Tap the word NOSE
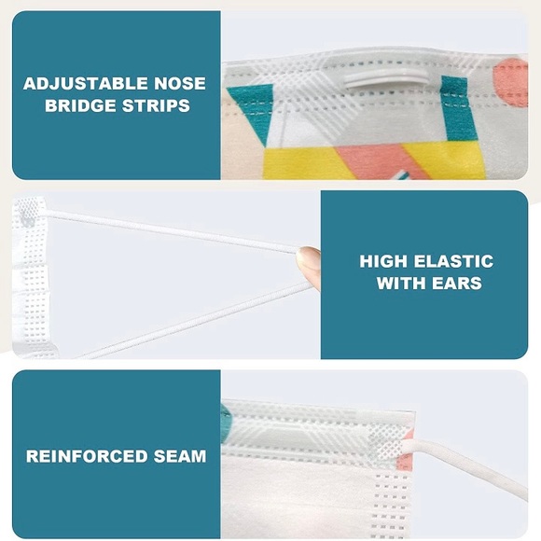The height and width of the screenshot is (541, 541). [180, 84]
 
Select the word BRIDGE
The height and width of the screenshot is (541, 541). [80, 105]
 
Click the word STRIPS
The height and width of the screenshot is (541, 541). [156, 105]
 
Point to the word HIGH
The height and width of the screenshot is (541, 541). [383, 261]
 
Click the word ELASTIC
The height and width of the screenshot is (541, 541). [453, 261]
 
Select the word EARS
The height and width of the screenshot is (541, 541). [456, 284]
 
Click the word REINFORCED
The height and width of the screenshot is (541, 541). [87, 456]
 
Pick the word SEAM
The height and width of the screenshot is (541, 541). [180, 456]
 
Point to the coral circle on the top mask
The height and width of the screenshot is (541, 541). [511, 82]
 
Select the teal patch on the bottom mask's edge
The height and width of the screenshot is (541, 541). [227, 423]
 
